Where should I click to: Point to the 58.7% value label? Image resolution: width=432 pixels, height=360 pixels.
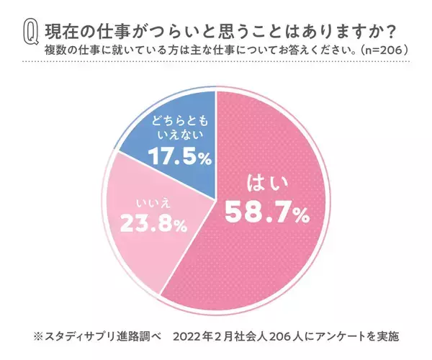266,211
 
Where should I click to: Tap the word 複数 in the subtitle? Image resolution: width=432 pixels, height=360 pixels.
54,50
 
